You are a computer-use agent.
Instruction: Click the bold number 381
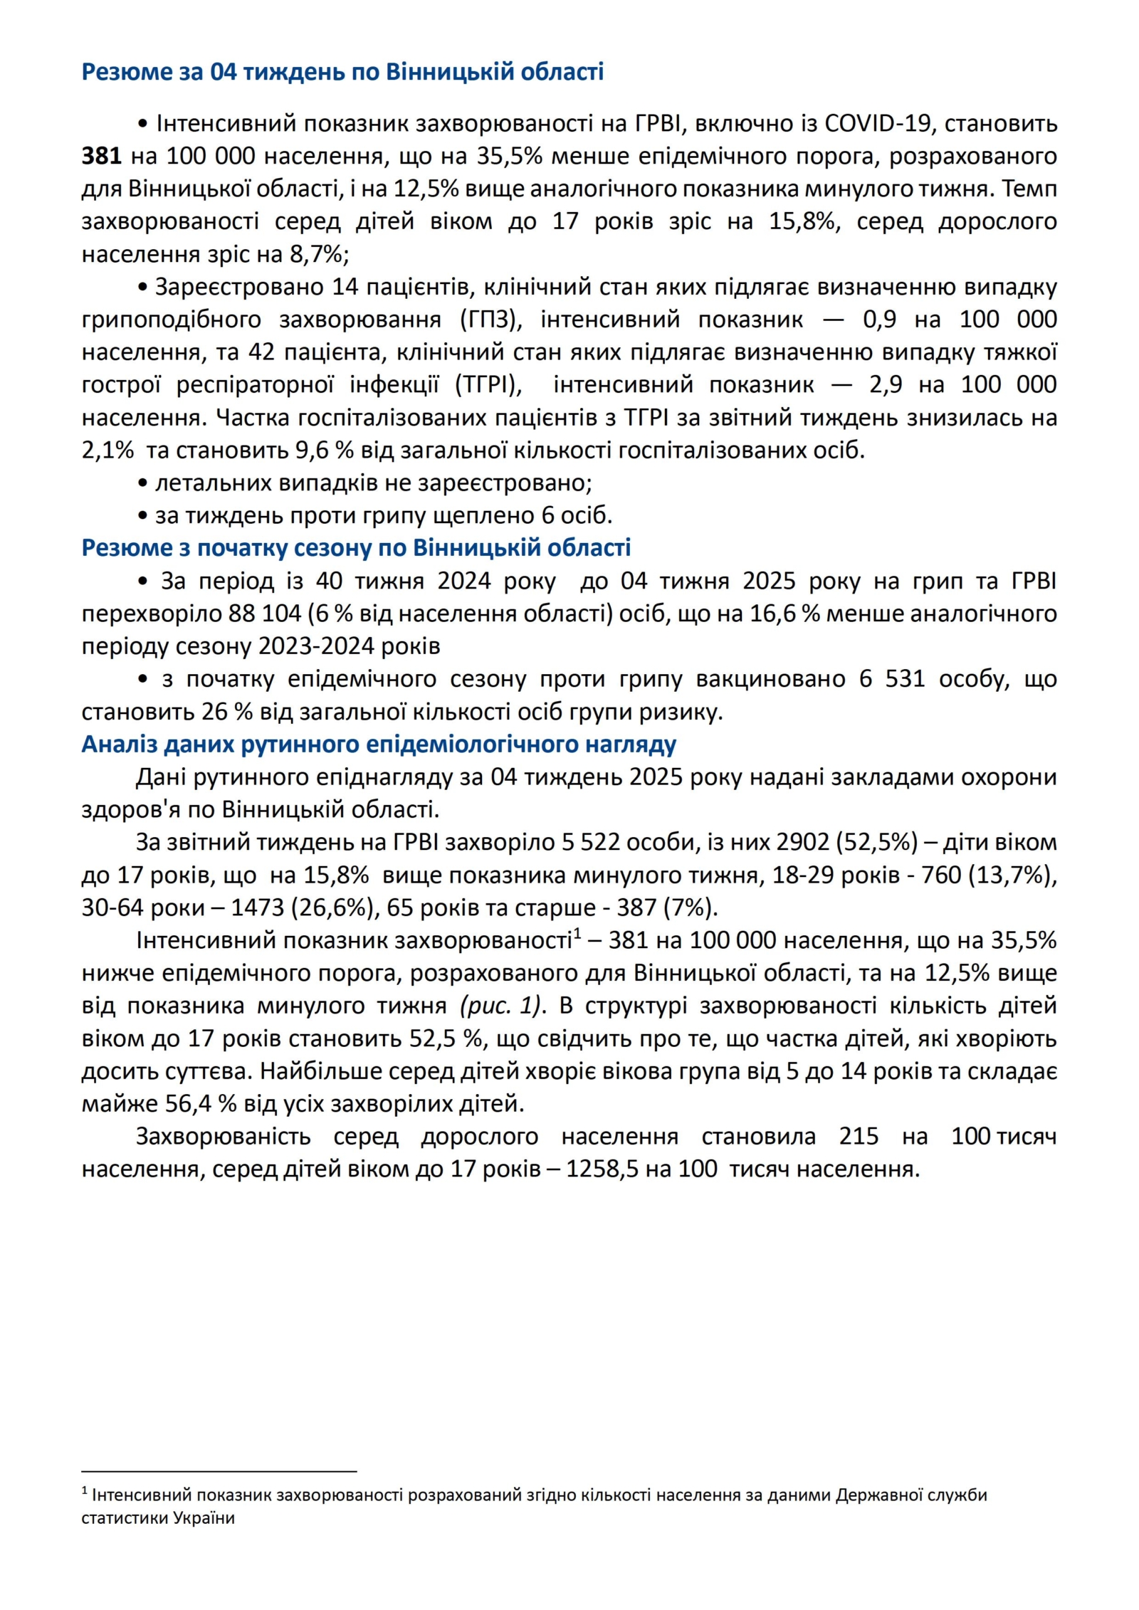pyautogui.click(x=101, y=156)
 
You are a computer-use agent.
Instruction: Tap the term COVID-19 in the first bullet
pyautogui.click(x=878, y=123)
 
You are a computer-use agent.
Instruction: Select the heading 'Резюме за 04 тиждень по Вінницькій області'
pyautogui.click(x=342, y=72)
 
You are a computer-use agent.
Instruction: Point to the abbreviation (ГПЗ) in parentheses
pyautogui.click(x=491, y=319)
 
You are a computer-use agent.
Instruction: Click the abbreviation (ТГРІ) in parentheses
pyautogui.click(x=488, y=384)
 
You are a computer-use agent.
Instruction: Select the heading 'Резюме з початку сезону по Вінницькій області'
pyautogui.click(x=356, y=547)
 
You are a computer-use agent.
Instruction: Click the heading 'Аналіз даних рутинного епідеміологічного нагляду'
pyautogui.click(x=379, y=744)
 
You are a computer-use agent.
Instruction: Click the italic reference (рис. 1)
pyautogui.click(x=501, y=1006)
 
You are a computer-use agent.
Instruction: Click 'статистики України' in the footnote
pyautogui.click(x=158, y=1517)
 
